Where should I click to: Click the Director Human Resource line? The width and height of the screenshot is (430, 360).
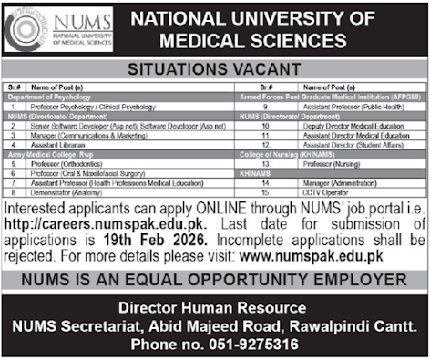pos(215,305)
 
